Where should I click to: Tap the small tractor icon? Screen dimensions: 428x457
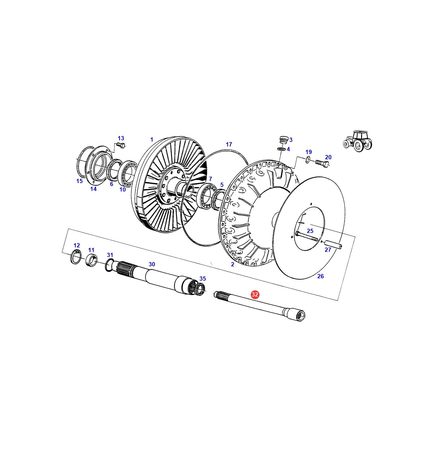tap(358, 141)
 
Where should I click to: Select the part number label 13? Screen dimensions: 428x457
tap(121, 138)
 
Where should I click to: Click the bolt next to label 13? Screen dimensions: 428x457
tap(121, 145)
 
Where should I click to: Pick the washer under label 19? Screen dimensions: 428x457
tap(308, 160)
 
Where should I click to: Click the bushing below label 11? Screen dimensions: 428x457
tap(91, 260)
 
